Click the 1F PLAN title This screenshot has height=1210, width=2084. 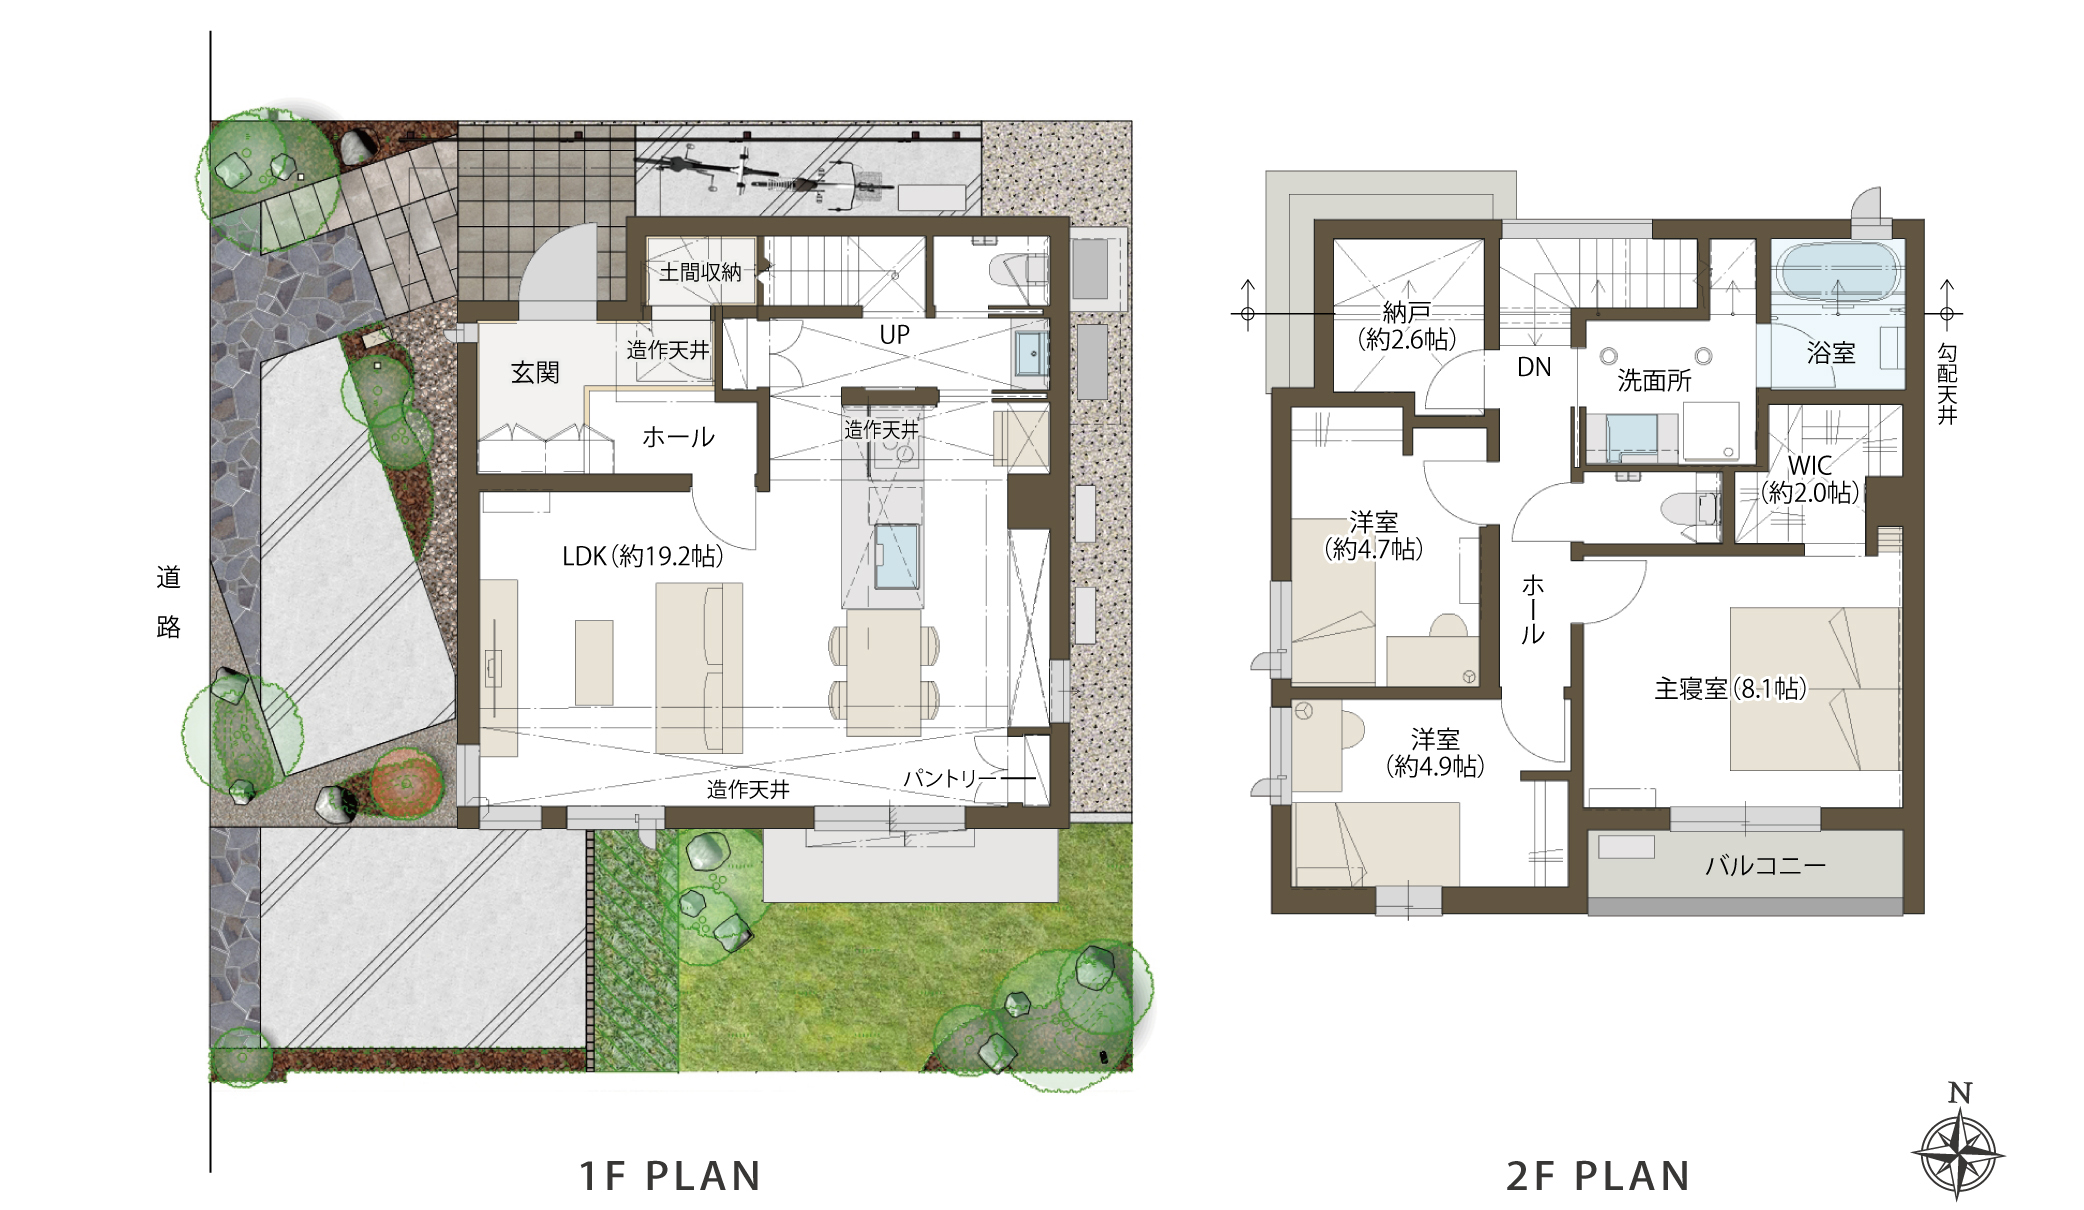click(671, 1176)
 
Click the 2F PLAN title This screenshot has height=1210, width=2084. click(1598, 1176)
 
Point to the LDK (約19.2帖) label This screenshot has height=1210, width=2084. click(642, 556)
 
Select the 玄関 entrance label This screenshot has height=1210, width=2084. click(535, 373)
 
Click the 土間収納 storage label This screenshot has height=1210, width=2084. click(700, 271)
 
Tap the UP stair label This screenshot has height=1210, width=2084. click(895, 335)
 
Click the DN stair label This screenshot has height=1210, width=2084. click(1534, 367)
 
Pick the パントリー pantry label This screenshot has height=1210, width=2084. click(950, 778)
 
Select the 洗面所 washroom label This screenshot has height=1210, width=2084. click(1654, 380)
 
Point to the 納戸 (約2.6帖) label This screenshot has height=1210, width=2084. click(1406, 326)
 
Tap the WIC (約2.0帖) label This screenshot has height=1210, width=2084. click(1810, 479)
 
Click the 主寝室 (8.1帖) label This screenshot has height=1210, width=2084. click(1730, 688)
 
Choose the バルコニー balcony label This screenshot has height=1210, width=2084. click(1765, 865)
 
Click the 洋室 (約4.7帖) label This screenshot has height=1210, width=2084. click(1374, 535)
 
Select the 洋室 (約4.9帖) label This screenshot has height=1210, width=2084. click(1435, 753)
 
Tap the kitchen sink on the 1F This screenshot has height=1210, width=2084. click(897, 557)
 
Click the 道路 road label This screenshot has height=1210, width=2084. click(168, 602)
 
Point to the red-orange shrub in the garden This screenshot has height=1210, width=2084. click(407, 782)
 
